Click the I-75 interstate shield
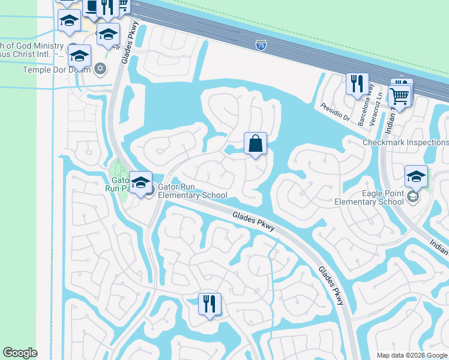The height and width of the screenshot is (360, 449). (x=261, y=44)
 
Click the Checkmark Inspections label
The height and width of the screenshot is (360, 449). (x=405, y=142)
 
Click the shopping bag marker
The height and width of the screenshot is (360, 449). (x=255, y=144)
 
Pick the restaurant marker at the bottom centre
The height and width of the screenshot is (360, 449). (x=209, y=304)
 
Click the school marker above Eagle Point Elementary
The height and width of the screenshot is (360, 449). (x=415, y=176)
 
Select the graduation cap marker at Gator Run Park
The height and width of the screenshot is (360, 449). (x=140, y=183)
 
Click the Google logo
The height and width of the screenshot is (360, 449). (x=20, y=353)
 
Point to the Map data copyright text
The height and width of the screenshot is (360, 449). (x=412, y=355)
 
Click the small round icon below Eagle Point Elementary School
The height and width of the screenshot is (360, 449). (x=412, y=196)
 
